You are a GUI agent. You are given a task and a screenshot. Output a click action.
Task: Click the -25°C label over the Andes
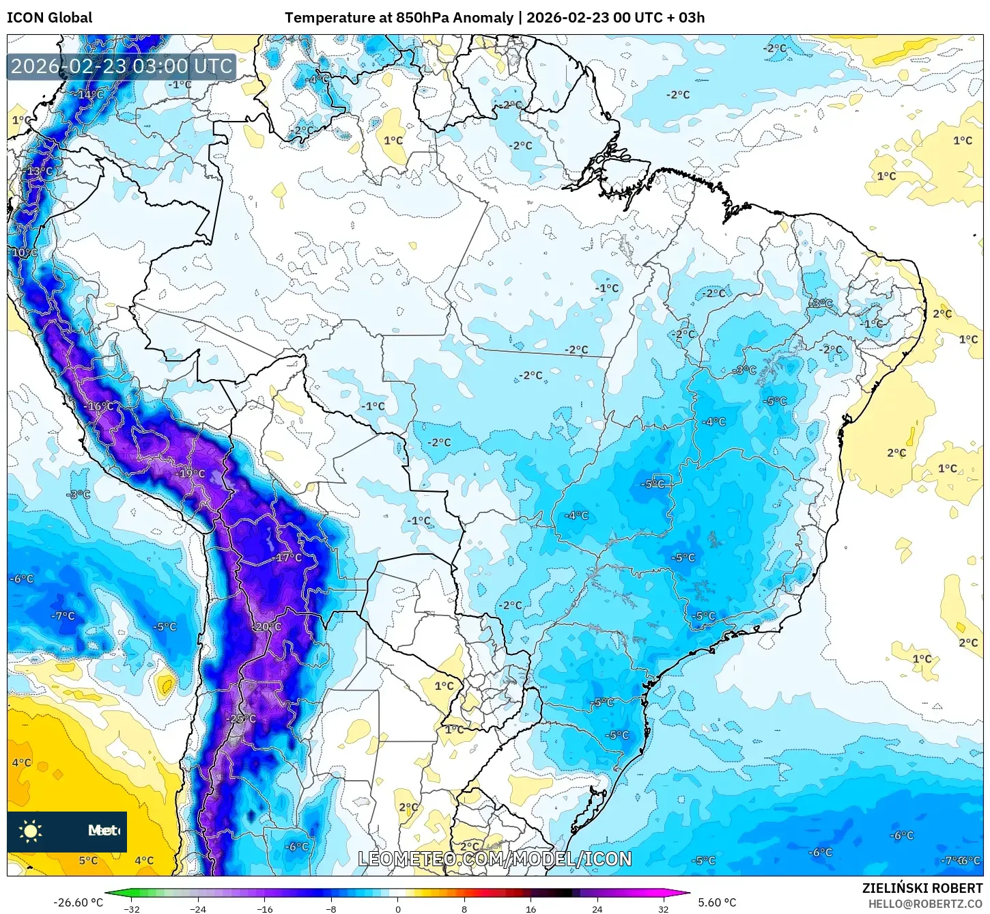tap(242, 719)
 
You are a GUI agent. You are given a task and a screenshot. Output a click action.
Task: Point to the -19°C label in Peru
tap(190, 473)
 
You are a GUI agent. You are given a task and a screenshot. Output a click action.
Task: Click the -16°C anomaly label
tap(100, 406)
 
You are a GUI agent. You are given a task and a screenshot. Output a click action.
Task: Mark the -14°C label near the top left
tap(90, 94)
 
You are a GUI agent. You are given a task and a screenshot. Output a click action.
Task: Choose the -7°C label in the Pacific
tap(63, 616)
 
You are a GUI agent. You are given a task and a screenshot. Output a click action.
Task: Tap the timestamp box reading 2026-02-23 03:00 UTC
tap(122, 66)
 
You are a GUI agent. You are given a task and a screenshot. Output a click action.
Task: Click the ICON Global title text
tap(49, 18)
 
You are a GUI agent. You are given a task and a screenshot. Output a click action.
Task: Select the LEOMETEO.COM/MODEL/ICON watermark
tap(495, 859)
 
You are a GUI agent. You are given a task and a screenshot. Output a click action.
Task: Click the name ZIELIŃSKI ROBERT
tap(922, 889)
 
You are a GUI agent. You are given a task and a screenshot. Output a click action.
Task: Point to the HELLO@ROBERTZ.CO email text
tap(924, 904)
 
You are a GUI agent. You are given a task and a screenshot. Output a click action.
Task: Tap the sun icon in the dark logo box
tap(31, 831)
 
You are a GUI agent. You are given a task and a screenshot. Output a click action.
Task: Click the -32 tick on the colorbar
tap(132, 909)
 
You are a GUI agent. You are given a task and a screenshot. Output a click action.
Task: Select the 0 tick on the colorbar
tap(398, 909)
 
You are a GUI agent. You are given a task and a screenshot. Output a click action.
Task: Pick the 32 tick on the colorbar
tap(663, 909)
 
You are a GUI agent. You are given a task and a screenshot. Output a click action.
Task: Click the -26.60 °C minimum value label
tap(78, 902)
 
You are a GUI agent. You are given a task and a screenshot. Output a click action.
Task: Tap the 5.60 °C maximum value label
tap(717, 902)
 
